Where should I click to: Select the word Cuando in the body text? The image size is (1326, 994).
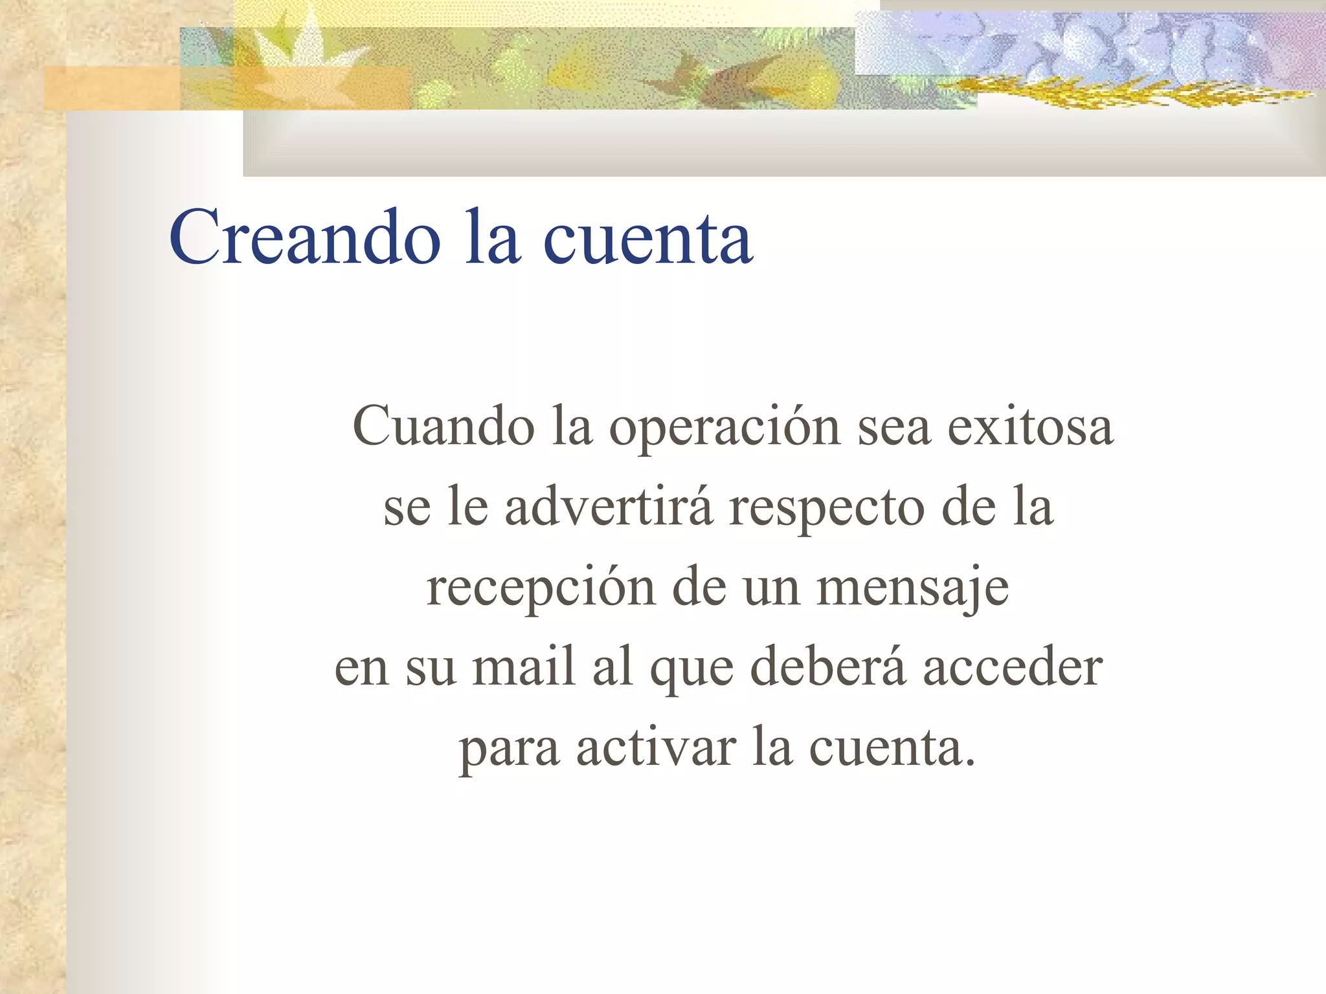[x=444, y=426]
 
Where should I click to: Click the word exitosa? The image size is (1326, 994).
[x=1030, y=426]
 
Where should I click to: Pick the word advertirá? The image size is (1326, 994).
[x=609, y=507]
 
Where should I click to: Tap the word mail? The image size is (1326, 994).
[x=524, y=667]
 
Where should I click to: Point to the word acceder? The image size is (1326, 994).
[x=1013, y=667]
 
